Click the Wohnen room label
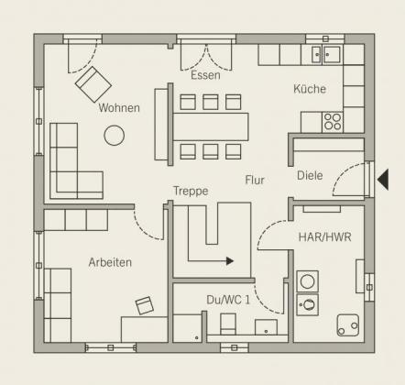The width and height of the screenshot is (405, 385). pyautogui.click(x=119, y=108)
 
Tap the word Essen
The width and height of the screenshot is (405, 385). pyautogui.click(x=205, y=75)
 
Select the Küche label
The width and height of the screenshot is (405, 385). pyautogui.click(x=310, y=89)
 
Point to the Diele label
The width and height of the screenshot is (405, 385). pyautogui.click(x=310, y=175)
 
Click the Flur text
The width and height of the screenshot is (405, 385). pyautogui.click(x=255, y=180)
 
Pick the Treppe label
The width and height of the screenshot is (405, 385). pyautogui.click(x=191, y=191)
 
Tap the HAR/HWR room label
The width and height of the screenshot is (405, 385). pyautogui.click(x=324, y=237)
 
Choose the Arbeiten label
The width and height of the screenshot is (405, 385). pyautogui.click(x=110, y=262)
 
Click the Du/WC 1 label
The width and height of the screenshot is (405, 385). pyautogui.click(x=228, y=300)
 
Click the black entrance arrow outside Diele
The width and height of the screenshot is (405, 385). pyautogui.click(x=384, y=180)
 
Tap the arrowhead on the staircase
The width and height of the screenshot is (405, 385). pyautogui.click(x=230, y=261)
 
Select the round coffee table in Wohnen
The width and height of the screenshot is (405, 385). pyautogui.click(x=115, y=136)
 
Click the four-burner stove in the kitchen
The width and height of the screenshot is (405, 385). pyautogui.click(x=333, y=122)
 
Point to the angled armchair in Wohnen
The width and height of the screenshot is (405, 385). pyautogui.click(x=93, y=84)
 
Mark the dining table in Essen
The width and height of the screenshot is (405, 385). pyautogui.click(x=211, y=126)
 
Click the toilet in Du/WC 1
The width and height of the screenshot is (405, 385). pyautogui.click(x=228, y=324)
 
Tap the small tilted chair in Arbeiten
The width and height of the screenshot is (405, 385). pyautogui.click(x=145, y=305)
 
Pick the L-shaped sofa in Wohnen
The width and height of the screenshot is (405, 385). pyautogui.click(x=76, y=161)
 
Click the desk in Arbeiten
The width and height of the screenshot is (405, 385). pyautogui.click(x=144, y=329)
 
